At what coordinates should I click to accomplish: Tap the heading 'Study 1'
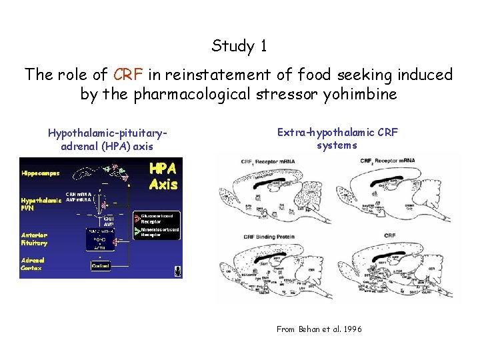point(239,46)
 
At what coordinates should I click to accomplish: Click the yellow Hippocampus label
point(40,173)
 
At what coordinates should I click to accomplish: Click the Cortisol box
point(100,265)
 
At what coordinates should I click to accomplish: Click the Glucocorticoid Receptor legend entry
point(157,219)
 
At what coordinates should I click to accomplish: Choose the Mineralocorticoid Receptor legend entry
point(157,232)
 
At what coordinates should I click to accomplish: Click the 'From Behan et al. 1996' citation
point(319,329)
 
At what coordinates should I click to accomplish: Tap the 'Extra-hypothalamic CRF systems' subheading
point(337,139)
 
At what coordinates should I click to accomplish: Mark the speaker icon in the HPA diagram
point(178,271)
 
